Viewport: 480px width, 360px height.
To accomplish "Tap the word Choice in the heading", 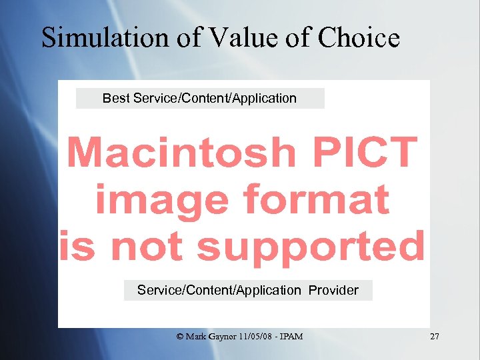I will click(x=359, y=38).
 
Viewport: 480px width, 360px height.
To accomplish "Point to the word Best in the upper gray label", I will click(x=116, y=99).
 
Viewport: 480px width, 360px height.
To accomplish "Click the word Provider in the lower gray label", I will click(x=333, y=290).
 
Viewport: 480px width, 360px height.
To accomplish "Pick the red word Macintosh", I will click(x=181, y=153).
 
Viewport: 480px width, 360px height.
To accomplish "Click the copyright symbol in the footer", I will click(x=180, y=337).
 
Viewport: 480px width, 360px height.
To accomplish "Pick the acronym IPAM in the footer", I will click(x=293, y=337).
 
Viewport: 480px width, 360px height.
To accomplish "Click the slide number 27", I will click(x=435, y=337).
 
